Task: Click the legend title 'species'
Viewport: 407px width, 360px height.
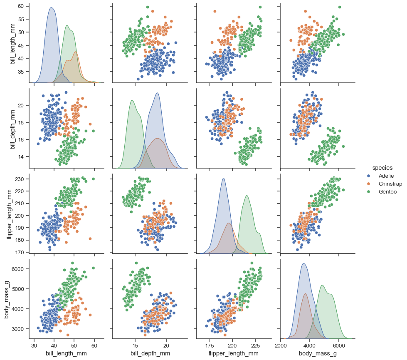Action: (x=382, y=168)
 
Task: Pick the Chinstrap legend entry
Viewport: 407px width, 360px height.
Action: (x=390, y=184)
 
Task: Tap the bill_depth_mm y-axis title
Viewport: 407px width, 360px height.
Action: (x=13, y=127)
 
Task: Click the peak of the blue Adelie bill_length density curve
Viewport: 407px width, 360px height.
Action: (x=51, y=7)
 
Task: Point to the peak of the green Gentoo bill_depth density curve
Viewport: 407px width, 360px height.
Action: (x=132, y=100)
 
